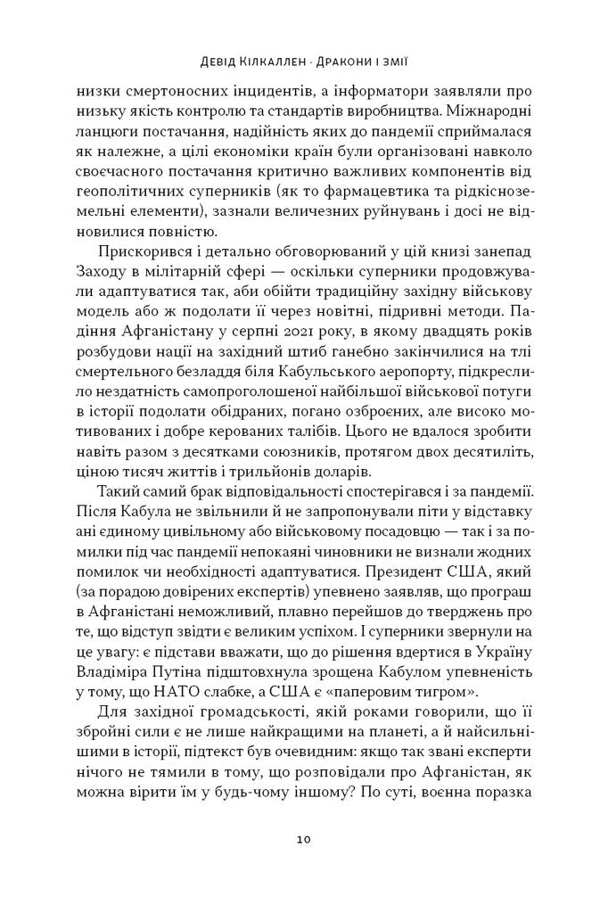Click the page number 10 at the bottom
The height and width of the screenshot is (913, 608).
point(303,839)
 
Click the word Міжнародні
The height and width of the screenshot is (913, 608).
point(486,112)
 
